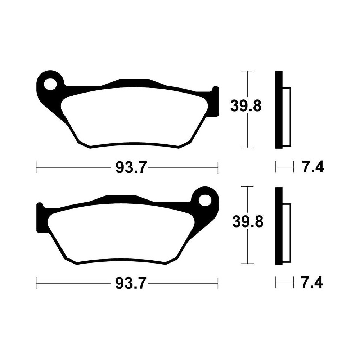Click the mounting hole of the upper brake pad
(50, 84)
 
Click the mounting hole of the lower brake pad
(205, 201)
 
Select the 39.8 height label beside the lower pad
(248, 222)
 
